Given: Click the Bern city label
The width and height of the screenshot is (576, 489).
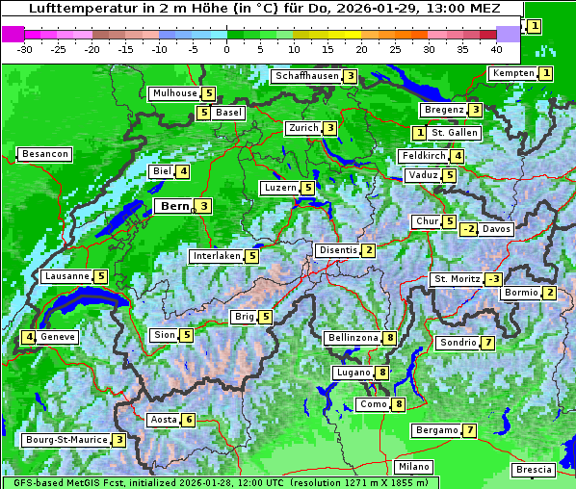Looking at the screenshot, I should coord(173,206).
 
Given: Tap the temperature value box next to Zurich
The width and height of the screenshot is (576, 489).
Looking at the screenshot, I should coord(330,128).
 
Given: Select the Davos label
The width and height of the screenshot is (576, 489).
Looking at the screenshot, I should coord(496,229).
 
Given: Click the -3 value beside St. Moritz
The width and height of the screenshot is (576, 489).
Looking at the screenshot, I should coord(493,279).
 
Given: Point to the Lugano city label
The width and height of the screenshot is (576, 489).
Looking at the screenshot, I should coord(353,373).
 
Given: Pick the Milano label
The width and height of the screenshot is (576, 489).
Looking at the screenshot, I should coord(414,467).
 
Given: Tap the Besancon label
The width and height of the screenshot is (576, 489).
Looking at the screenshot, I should coord(44,154).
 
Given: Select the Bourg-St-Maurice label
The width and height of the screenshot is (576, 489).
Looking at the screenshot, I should coord(65,440).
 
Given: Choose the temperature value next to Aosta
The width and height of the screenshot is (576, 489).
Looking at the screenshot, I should coord(189,420).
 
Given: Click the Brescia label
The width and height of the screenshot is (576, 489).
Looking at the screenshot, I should coord(534,470).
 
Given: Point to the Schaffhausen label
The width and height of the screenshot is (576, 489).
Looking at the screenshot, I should coord(305,76).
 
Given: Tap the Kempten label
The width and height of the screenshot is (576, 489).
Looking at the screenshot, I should coord(511,73).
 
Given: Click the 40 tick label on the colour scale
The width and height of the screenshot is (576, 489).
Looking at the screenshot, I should coord(496,49).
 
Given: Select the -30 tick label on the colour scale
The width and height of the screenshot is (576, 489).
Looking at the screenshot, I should coord(25,49).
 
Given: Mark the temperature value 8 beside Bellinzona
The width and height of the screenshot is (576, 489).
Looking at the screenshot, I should coord(389,338).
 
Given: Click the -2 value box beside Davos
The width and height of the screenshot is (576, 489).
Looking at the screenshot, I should coord(469,229).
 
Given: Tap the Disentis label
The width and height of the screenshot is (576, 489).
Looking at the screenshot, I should coord(338,250).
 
